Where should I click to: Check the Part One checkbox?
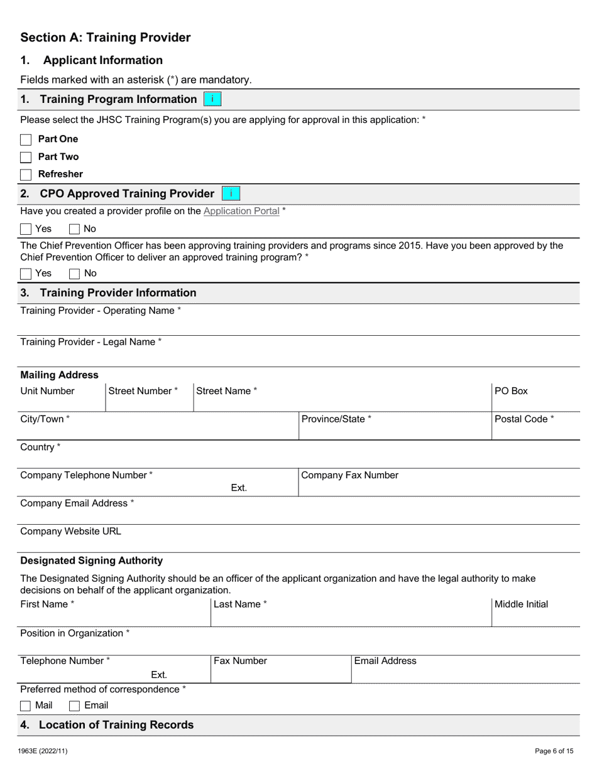(26, 139)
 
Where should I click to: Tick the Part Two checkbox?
(26, 157)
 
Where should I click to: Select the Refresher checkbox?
(26, 174)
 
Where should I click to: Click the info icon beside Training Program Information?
(212, 99)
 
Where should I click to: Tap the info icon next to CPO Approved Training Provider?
(231, 193)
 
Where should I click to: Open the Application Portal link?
(241, 211)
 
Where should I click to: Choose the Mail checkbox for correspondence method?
(26, 705)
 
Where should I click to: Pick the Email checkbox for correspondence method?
(74, 705)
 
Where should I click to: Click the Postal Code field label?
(524, 419)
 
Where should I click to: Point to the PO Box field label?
(511, 391)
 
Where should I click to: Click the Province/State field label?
(336, 419)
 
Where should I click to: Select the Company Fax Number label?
(349, 475)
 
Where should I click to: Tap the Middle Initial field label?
(521, 604)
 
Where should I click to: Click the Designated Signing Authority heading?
(91, 560)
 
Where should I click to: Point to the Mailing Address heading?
(59, 375)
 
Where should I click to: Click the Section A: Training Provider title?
(105, 38)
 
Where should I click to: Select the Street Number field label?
(143, 391)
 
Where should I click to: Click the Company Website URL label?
(70, 532)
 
